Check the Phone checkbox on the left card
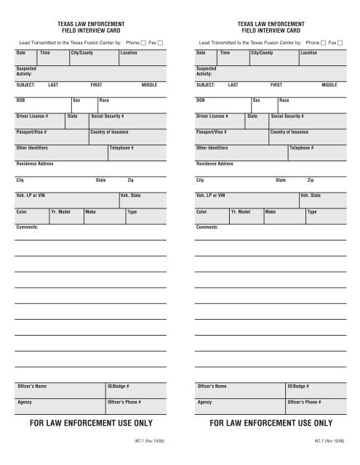point(143,43)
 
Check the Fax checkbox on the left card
point(161,43)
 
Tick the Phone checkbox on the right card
point(324,43)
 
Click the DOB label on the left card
point(21,100)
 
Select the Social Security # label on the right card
point(287,116)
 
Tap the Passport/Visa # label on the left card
point(32,132)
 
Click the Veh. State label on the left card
point(131,195)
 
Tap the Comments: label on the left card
point(27,227)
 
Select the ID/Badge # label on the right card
point(300,386)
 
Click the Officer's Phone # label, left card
point(124,402)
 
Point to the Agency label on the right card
point(205,402)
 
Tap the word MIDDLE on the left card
point(150,84)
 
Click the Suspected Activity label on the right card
point(208,71)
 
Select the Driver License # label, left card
point(32,116)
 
